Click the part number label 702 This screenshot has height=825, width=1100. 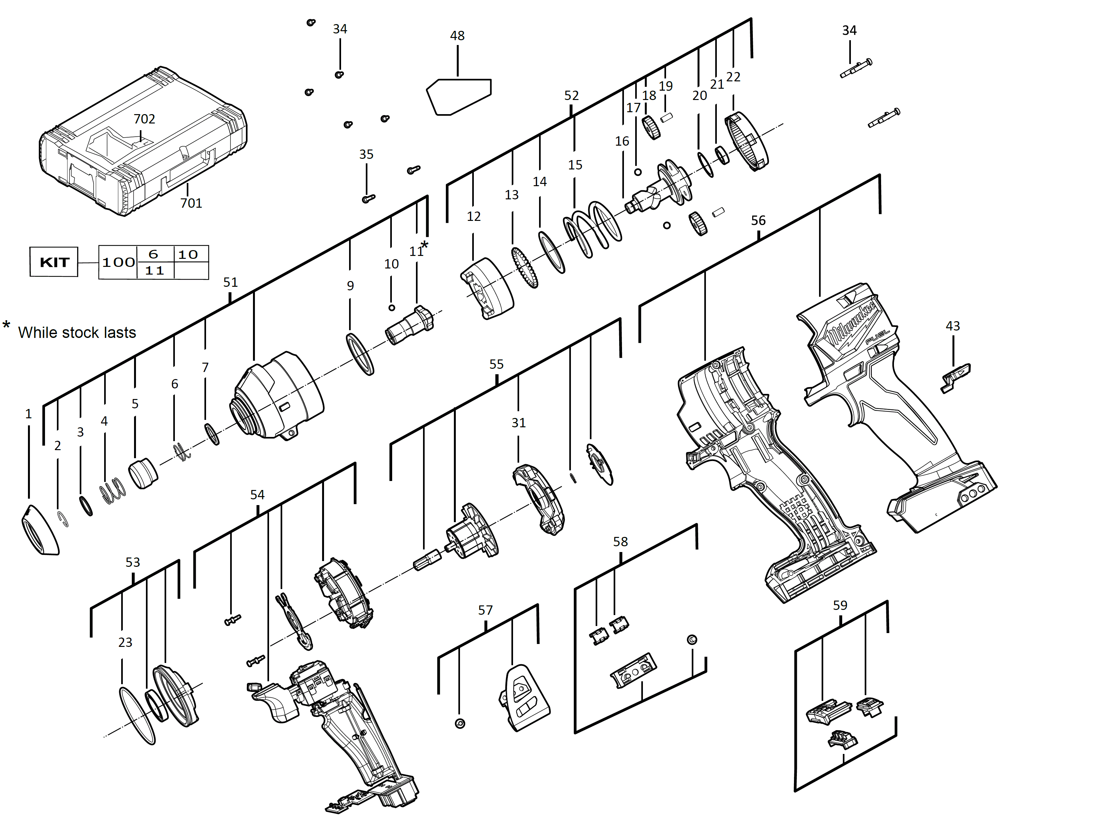point(144,119)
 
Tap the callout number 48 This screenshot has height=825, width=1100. point(457,36)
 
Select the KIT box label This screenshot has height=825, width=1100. point(54,262)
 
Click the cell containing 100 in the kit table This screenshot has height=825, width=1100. point(118,262)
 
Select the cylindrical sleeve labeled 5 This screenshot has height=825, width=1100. point(143,472)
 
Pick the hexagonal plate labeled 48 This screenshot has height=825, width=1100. point(458,97)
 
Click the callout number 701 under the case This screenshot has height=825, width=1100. point(191,203)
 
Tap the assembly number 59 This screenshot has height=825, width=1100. point(840,605)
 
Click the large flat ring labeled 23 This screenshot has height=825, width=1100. point(137,716)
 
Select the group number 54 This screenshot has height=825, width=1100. point(257,495)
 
